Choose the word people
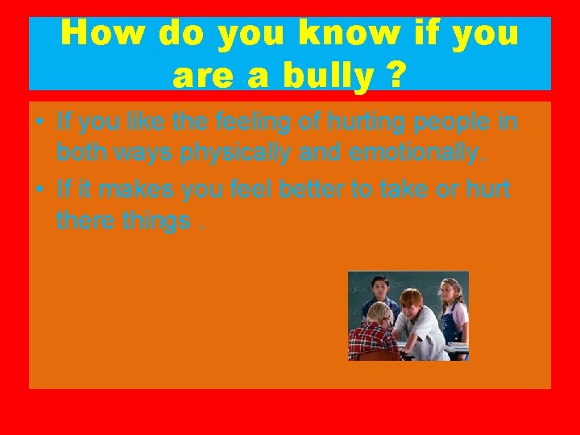pyautogui.click(x=466, y=123)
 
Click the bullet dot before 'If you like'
pyautogui.click(x=39, y=123)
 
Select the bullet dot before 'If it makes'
pyautogui.click(x=39, y=189)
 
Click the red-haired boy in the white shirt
pyautogui.click(x=416, y=322)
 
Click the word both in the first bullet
pyautogui.click(x=80, y=153)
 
